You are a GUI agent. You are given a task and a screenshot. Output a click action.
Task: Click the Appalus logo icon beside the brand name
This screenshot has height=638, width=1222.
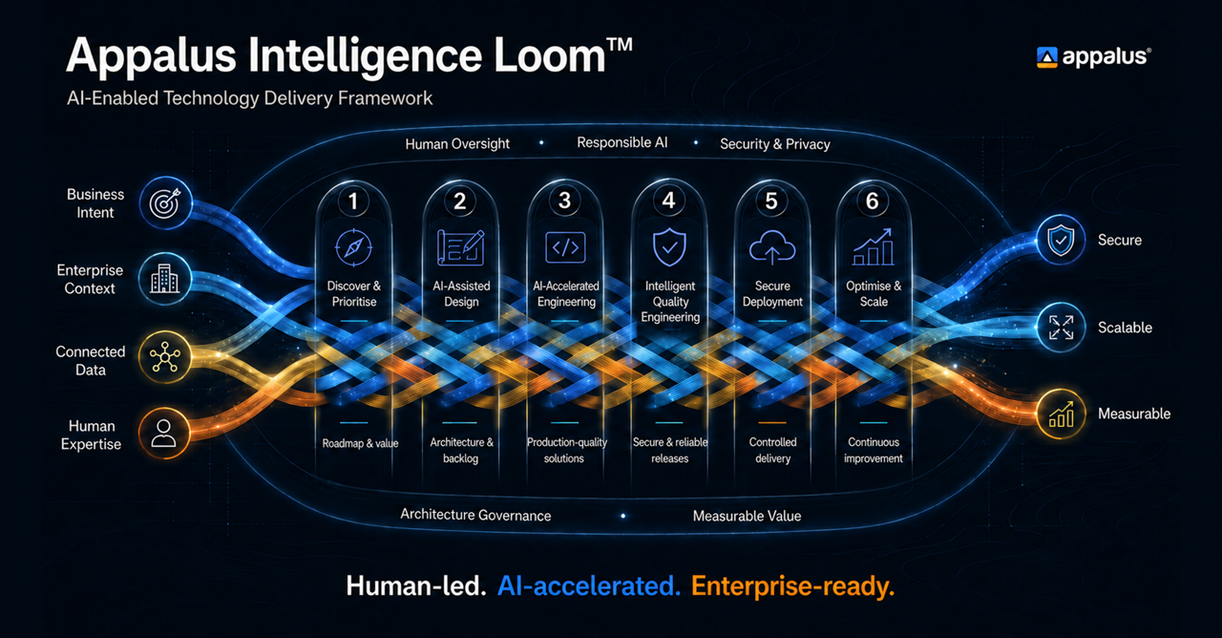click(1046, 57)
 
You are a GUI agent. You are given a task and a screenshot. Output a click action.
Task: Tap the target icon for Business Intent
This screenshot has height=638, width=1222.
click(165, 203)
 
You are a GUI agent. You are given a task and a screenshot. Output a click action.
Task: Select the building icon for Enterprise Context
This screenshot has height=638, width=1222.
click(165, 279)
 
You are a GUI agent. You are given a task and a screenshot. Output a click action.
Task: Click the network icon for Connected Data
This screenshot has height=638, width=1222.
click(165, 357)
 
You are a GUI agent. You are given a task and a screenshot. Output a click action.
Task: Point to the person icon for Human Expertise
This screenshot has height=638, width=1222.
click(163, 434)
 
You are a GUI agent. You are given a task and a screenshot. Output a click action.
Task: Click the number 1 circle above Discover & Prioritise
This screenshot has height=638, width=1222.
click(353, 201)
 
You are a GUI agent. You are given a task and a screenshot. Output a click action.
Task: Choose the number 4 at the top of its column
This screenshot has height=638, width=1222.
click(668, 201)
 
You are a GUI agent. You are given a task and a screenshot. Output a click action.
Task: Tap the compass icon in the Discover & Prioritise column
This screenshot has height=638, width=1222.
click(353, 247)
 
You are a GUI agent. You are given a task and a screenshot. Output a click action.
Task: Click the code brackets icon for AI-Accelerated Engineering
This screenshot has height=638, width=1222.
click(565, 247)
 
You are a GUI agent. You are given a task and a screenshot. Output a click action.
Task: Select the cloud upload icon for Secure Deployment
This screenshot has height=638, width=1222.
click(772, 247)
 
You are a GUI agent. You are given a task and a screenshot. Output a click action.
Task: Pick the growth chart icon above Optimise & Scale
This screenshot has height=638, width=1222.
click(873, 246)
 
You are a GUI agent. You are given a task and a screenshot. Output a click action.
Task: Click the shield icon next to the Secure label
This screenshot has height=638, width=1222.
click(1061, 240)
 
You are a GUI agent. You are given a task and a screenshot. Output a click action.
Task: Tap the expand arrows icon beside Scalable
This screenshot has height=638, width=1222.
click(1061, 327)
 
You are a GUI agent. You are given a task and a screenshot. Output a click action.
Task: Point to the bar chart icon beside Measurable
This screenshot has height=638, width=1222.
click(1061, 414)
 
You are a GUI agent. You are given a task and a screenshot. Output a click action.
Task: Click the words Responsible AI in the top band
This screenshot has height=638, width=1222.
click(622, 142)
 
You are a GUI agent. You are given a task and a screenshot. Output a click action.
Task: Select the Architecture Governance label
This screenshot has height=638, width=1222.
click(475, 515)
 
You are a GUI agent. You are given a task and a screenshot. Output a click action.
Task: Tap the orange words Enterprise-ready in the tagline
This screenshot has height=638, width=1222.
click(792, 586)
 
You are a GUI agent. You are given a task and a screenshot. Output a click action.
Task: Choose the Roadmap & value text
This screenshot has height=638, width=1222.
click(360, 443)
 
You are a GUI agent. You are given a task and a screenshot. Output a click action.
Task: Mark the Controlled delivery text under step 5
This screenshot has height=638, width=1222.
click(772, 450)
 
